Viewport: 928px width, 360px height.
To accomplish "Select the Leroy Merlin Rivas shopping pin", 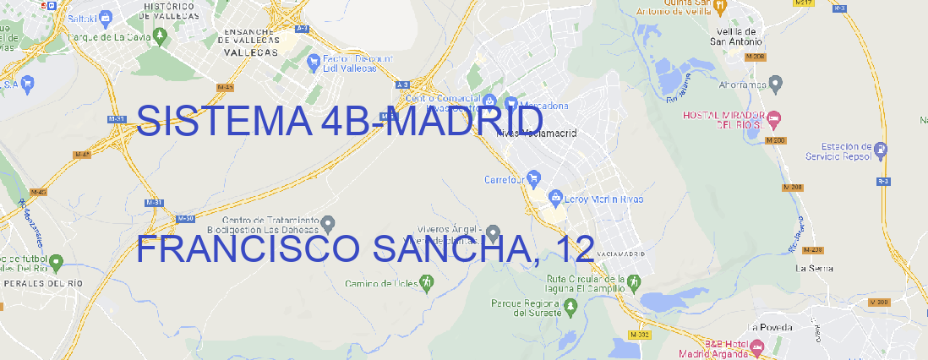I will point(555,199).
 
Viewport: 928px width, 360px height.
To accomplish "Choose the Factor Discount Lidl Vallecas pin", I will point(314,62).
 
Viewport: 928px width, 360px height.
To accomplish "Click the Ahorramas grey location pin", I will point(776,83).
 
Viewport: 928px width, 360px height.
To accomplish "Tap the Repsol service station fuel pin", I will point(882,150).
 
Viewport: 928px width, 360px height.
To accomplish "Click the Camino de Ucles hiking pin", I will point(426,282).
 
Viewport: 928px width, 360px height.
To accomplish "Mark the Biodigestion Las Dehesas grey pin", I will point(329,223).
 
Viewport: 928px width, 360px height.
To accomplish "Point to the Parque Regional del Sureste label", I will point(526,308).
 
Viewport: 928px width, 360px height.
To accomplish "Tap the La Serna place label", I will point(814,268).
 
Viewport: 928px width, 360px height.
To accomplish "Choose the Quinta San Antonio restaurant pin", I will point(719,6).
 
